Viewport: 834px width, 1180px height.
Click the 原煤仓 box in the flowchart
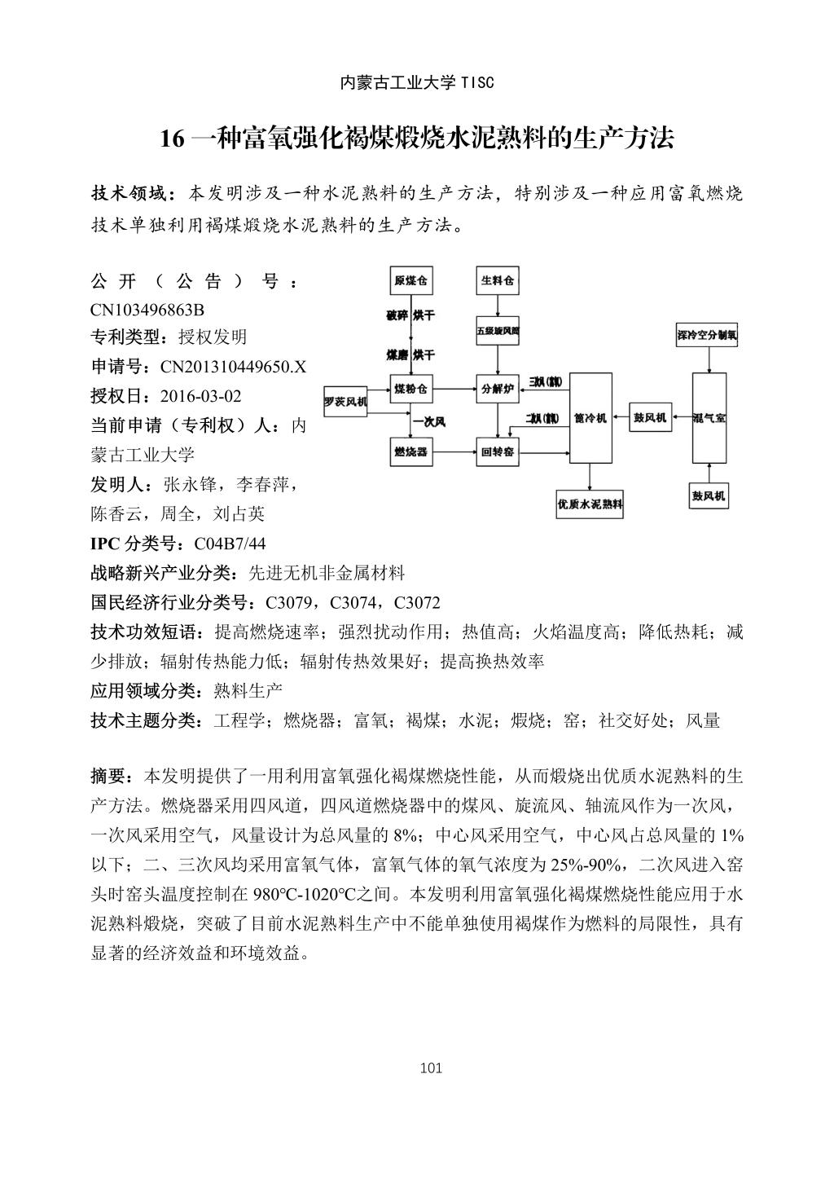(x=410, y=281)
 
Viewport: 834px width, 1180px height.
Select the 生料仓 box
(x=497, y=281)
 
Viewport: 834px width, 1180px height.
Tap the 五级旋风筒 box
(x=497, y=332)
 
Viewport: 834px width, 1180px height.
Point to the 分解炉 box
(x=497, y=389)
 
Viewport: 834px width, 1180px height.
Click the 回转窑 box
(x=497, y=451)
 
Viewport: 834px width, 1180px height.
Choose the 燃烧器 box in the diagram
(x=410, y=451)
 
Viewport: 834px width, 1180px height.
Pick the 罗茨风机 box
(x=345, y=402)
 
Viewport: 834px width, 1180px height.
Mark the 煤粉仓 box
(x=410, y=389)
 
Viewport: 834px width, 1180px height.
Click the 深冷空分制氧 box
(x=707, y=334)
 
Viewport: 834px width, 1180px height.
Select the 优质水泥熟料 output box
(x=590, y=504)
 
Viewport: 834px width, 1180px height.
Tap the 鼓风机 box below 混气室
(x=709, y=495)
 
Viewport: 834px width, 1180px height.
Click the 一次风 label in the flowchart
(x=428, y=421)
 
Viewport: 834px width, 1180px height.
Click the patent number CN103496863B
(x=147, y=310)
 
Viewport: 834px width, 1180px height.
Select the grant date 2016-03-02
(x=201, y=396)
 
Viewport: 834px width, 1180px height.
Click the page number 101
(x=431, y=1068)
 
